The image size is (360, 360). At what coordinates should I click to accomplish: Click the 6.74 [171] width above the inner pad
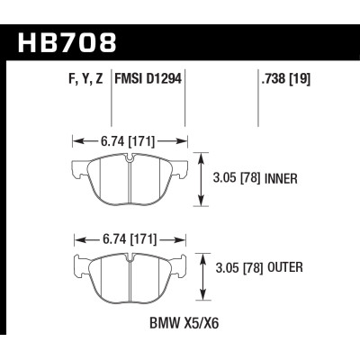click(127, 140)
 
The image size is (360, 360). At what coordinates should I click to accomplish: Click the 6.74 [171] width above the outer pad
click(127, 241)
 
